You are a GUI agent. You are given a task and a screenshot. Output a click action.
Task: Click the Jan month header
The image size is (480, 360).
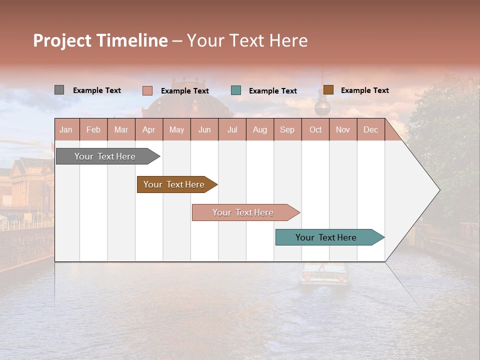click(66, 129)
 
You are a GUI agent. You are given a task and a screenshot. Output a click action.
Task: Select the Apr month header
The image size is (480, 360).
click(149, 129)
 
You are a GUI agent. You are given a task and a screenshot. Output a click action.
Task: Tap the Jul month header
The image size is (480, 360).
click(232, 129)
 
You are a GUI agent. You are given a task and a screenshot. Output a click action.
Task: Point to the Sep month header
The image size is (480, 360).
click(287, 129)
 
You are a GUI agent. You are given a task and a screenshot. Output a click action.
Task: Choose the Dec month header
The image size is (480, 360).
click(370, 129)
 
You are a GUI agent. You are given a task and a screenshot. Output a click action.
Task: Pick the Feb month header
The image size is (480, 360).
click(93, 129)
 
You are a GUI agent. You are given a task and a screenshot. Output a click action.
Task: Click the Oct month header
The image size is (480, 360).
click(315, 129)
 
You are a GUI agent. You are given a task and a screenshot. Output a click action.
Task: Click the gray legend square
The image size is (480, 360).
click(59, 90)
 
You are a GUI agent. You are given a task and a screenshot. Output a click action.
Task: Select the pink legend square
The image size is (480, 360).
click(147, 90)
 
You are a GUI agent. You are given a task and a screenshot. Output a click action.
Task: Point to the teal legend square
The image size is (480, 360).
click(236, 90)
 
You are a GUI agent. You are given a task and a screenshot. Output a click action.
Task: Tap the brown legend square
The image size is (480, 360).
click(328, 90)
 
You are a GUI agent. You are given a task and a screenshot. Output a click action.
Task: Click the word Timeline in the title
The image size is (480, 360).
click(132, 40)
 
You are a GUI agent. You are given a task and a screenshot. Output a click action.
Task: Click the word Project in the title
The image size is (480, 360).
click(62, 40)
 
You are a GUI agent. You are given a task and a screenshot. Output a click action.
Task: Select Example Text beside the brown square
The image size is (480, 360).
click(364, 90)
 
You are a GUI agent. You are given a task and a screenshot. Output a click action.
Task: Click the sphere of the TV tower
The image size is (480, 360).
click(322, 107)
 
